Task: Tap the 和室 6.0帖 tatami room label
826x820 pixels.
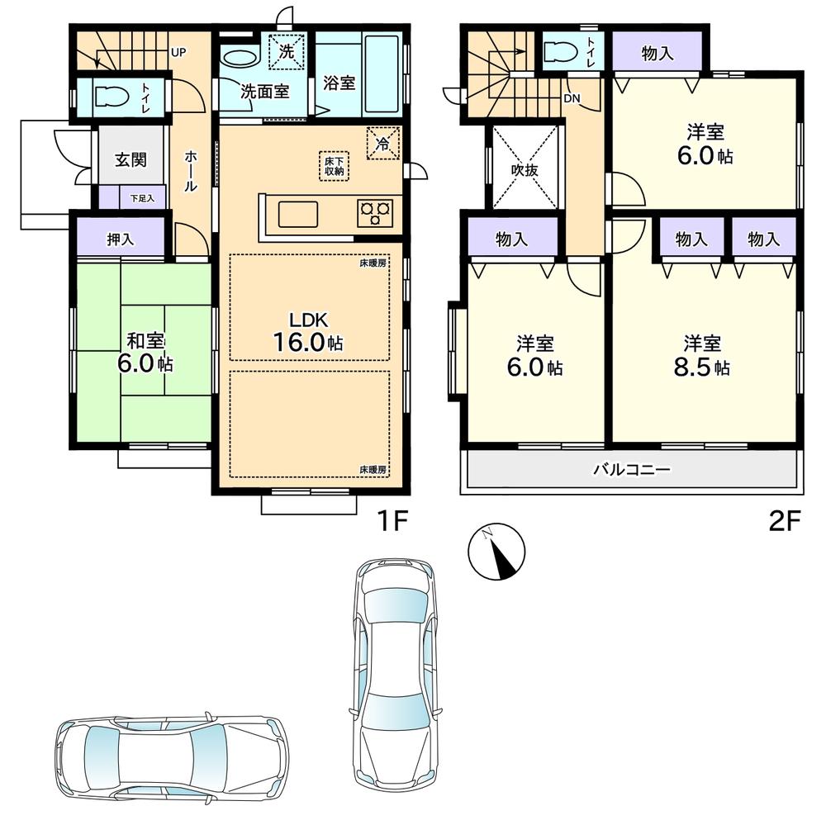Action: pos(145,353)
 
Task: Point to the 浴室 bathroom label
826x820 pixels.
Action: pos(339,83)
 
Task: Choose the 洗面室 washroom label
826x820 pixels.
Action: pos(264,91)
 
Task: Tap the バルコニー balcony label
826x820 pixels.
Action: pos(632,471)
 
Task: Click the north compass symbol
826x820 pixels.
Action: pos(496,552)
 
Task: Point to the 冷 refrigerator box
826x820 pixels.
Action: pos(382,142)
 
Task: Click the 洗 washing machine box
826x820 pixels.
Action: pos(287,51)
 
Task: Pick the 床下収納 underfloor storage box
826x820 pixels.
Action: pos(334,165)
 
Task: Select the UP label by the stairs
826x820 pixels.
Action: pos(178,52)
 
